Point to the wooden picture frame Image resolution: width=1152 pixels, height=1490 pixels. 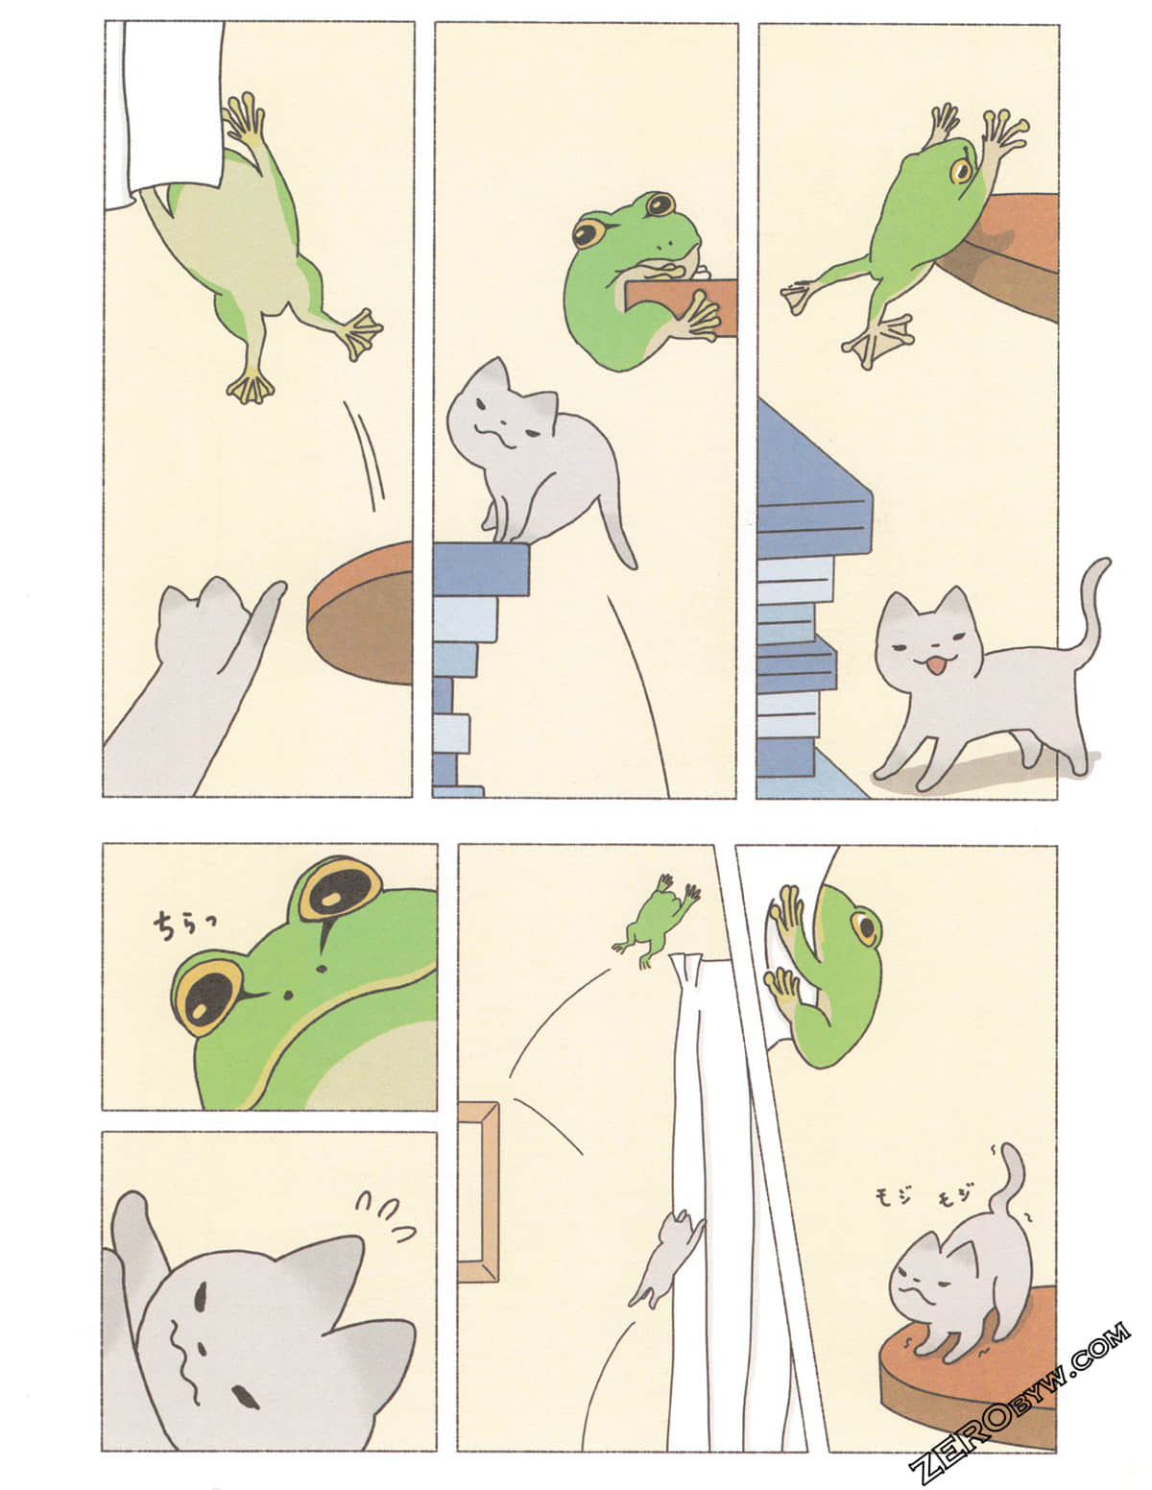[x=479, y=1191]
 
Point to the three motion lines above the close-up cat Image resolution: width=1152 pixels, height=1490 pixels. [x=385, y=1215]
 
